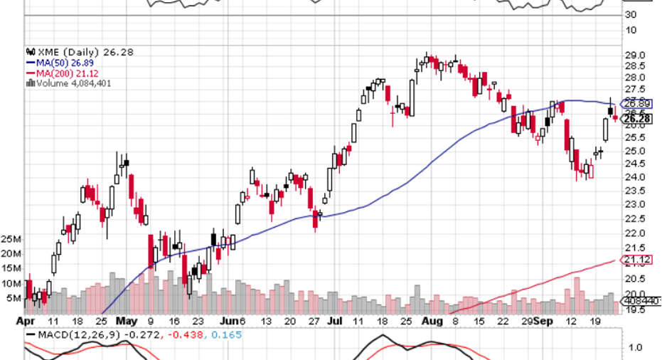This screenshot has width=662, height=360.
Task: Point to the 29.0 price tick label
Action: (x=634, y=55)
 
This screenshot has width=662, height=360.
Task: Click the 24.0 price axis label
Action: (x=634, y=177)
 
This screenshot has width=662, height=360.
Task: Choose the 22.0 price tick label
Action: (x=634, y=233)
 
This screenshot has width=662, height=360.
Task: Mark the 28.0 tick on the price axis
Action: (x=634, y=78)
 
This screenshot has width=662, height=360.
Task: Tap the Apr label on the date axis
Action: (x=24, y=321)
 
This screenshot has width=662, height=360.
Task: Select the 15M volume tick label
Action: (x=11, y=268)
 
